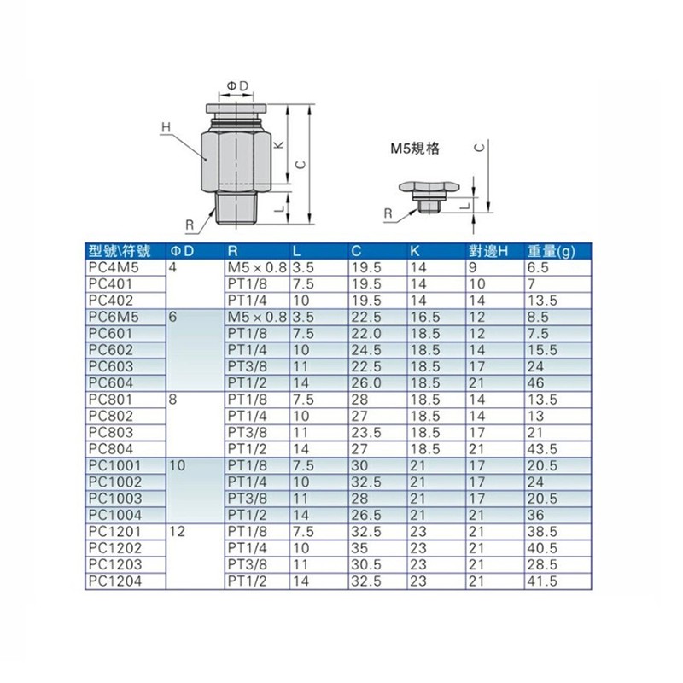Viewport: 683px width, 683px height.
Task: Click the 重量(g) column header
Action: pyautogui.click(x=552, y=251)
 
